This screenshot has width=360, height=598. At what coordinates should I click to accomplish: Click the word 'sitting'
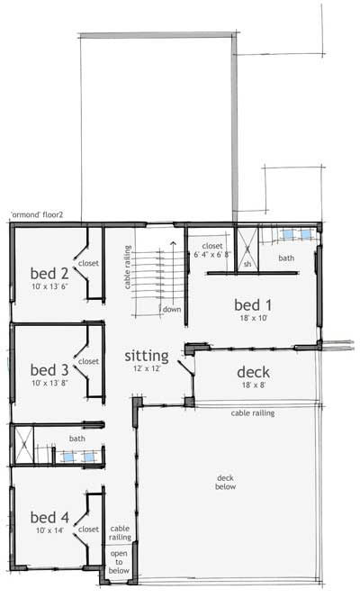coord(147,356)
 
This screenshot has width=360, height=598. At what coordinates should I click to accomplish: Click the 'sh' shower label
coord(247,264)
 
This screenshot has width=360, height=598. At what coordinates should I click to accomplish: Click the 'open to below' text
coord(120,562)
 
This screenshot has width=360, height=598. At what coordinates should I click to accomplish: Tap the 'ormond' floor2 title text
coord(43,214)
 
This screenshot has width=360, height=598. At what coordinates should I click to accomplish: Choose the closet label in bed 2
coord(88,264)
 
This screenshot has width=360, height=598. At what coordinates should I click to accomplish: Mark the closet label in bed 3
coord(88,361)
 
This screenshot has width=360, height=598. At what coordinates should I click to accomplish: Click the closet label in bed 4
coord(88,530)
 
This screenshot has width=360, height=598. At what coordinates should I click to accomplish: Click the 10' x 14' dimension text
coord(50,531)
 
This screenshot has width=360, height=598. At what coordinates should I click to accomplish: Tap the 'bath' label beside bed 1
coord(285,258)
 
